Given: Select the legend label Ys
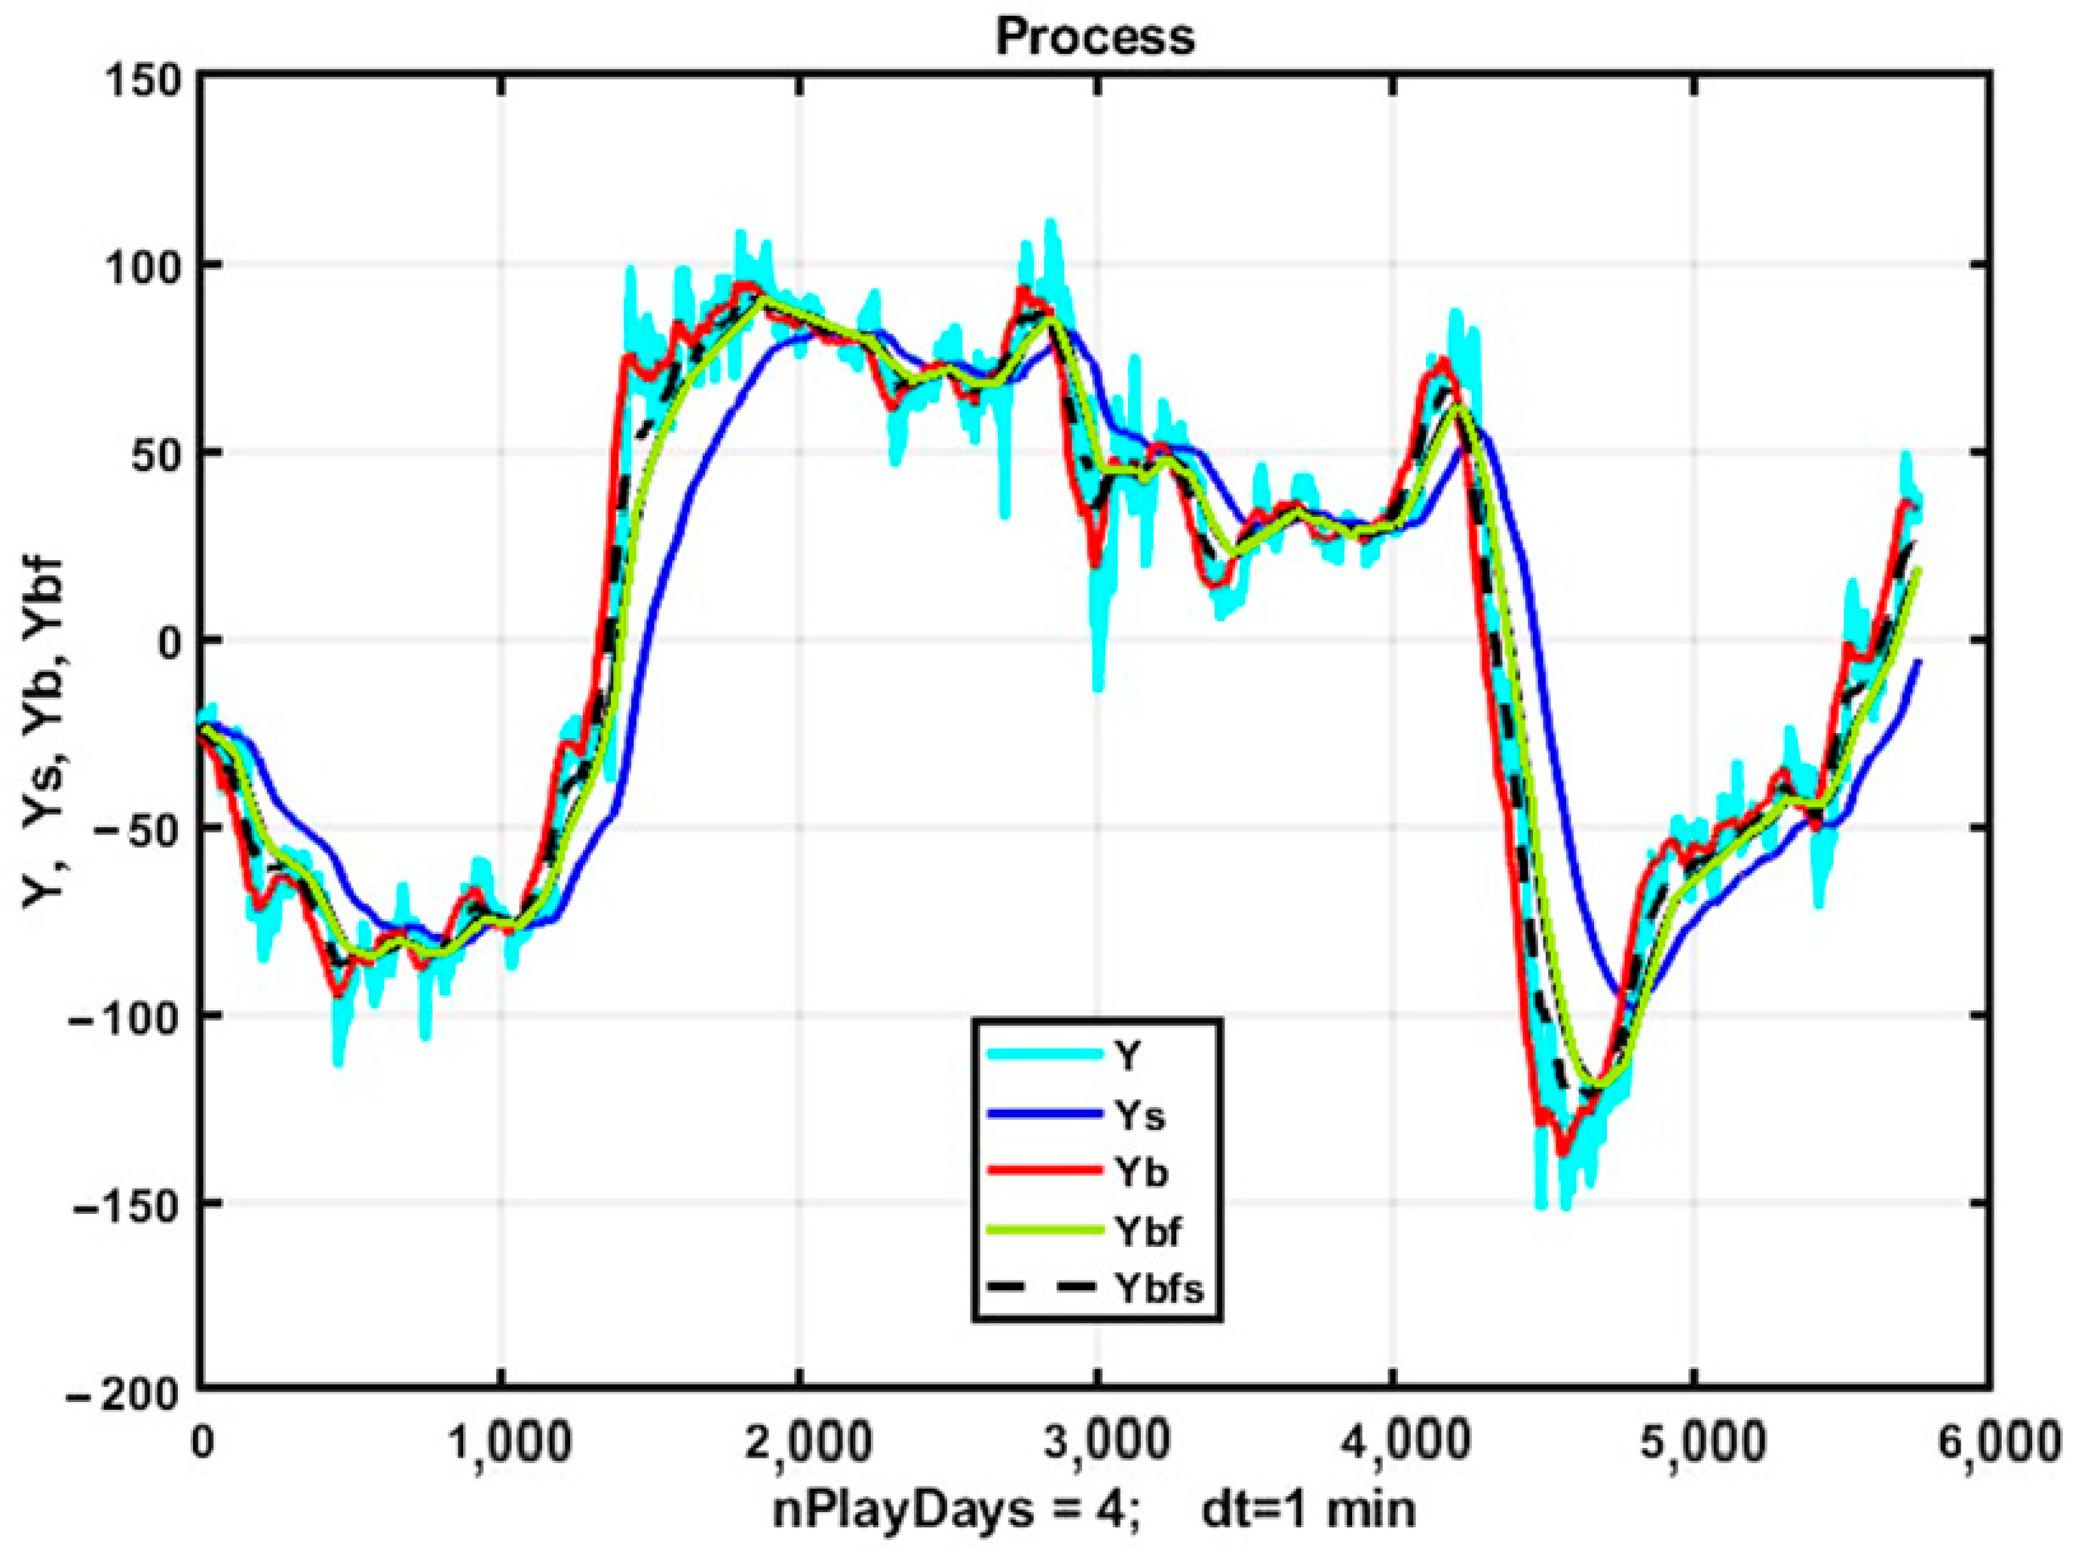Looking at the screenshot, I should tap(1140, 1115).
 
